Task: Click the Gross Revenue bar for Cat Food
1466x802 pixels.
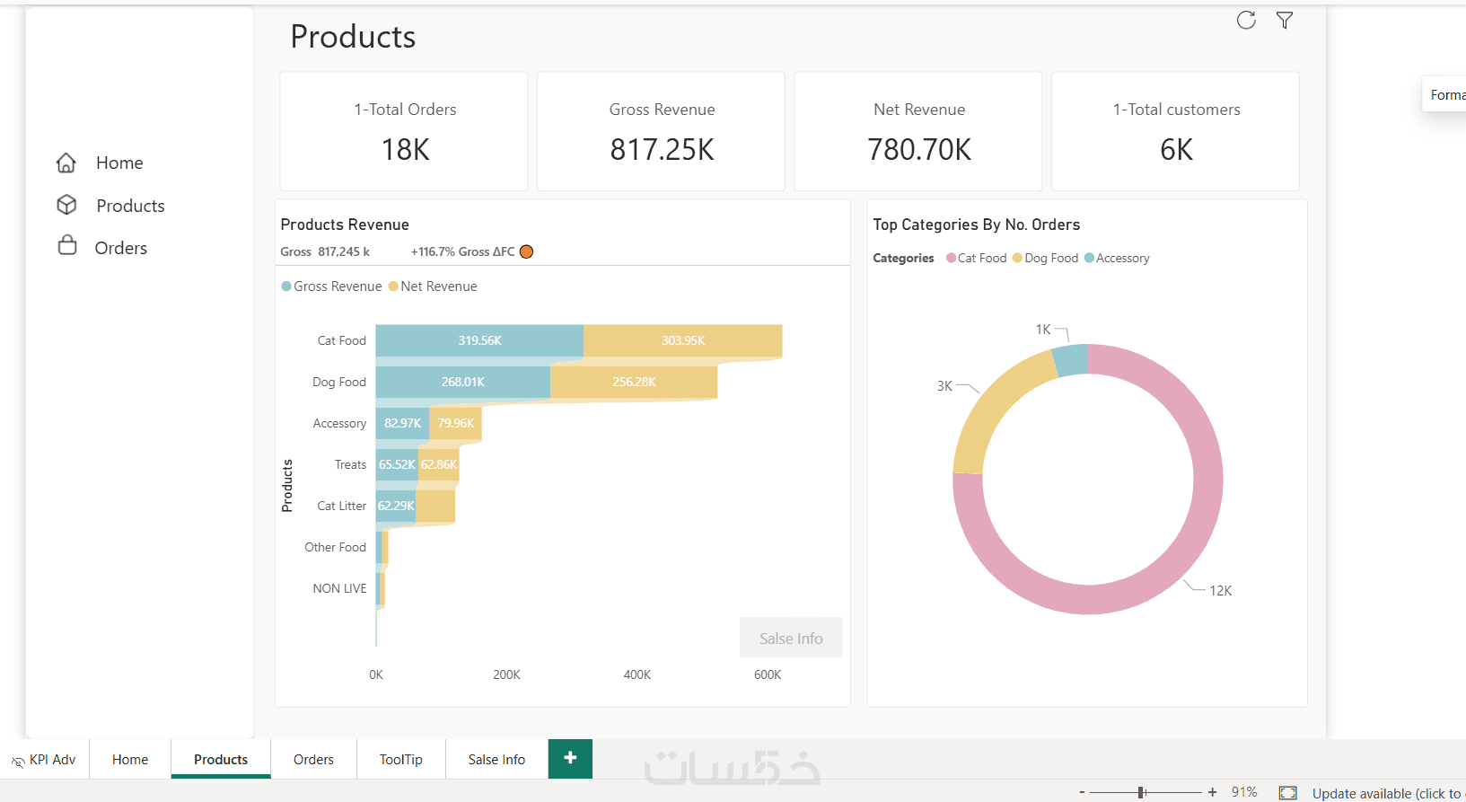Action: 479,341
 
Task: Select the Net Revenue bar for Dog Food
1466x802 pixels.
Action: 634,383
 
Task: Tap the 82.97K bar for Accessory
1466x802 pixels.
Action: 402,424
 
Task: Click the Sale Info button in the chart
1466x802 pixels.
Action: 791,638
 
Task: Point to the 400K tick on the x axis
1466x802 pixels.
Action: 637,674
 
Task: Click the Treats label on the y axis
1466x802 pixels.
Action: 350,465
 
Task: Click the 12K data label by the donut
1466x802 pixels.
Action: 1220,591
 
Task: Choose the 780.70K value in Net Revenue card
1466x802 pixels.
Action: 919,150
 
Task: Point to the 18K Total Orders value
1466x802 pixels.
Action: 406,150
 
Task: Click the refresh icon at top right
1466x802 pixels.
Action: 1246,21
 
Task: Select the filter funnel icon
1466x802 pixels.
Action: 1285,21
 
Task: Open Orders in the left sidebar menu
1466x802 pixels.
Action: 120,248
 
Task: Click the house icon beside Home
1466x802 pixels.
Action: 66,163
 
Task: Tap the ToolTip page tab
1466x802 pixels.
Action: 400,760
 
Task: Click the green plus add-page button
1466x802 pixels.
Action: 570,759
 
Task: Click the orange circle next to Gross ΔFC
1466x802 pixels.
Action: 527,251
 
